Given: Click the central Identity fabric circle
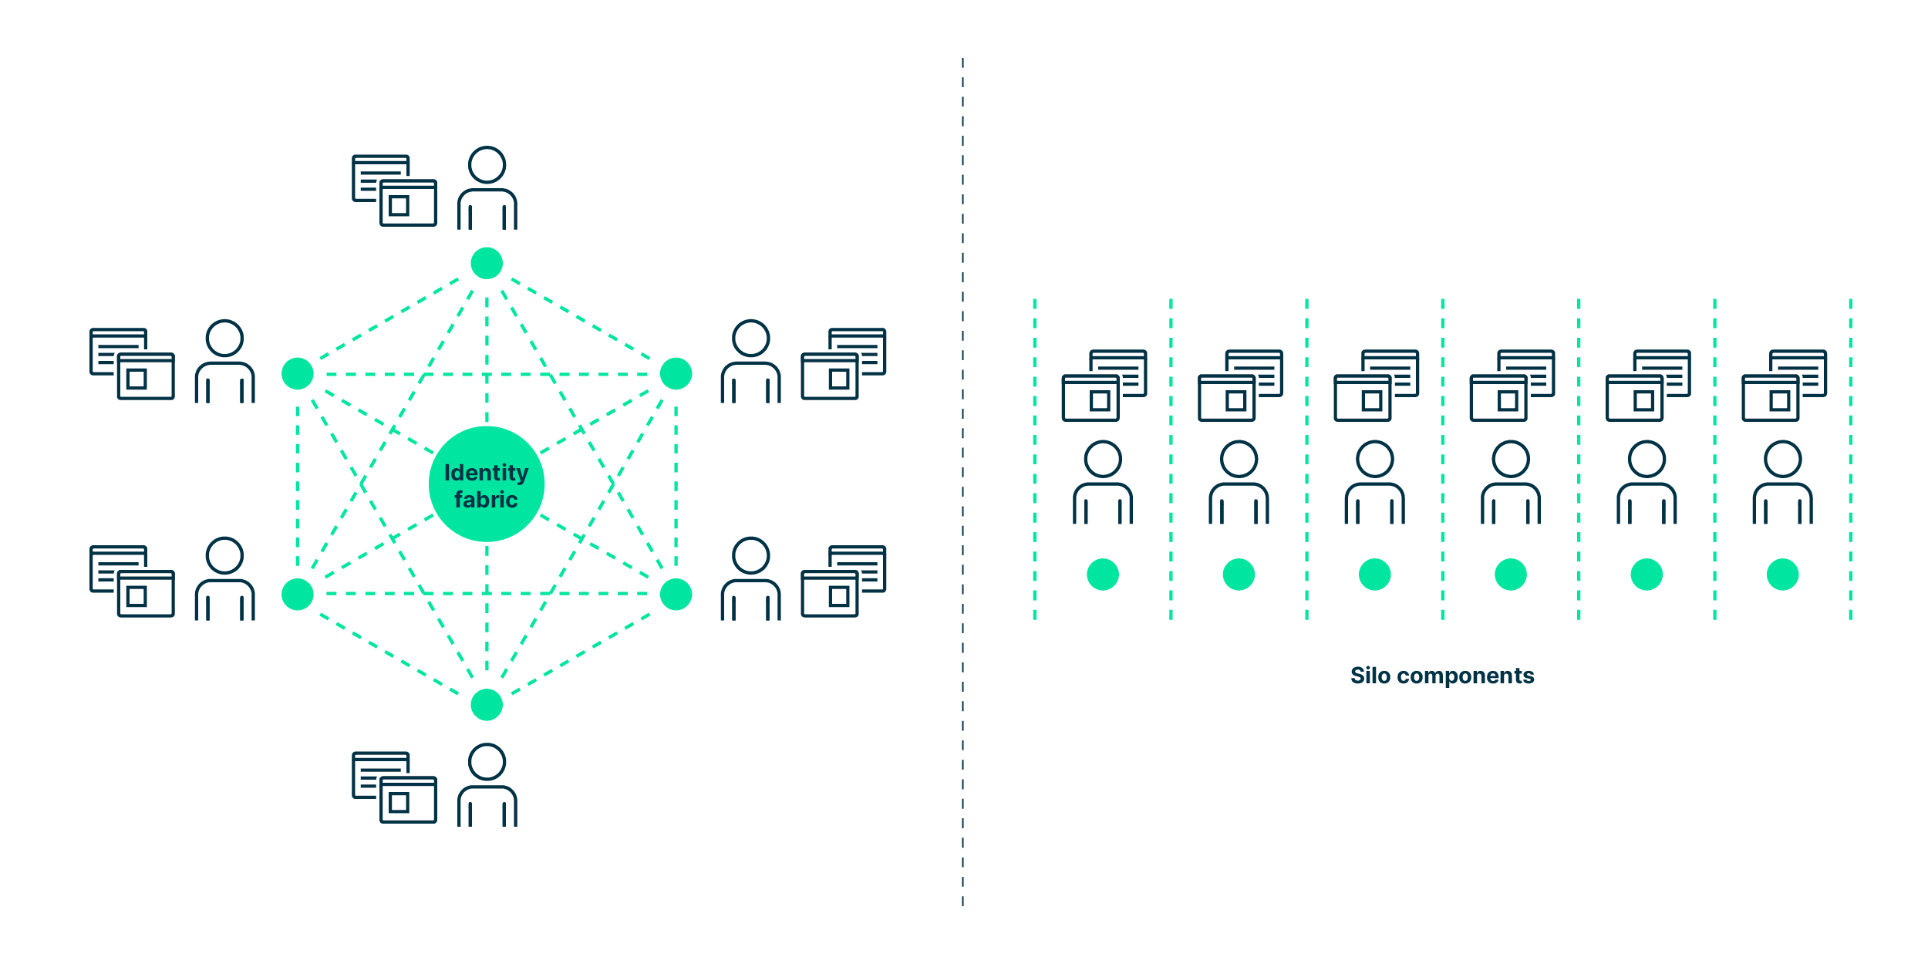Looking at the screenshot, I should [x=487, y=484].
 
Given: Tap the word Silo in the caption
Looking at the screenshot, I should [x=1370, y=676].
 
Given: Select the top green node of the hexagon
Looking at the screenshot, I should [x=487, y=264].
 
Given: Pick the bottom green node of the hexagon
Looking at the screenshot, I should [x=487, y=705].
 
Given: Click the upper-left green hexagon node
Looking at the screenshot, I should [x=298, y=374].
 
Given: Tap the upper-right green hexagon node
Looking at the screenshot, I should [x=676, y=374].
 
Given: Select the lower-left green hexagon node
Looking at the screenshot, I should [x=298, y=595].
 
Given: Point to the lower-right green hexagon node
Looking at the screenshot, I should [x=676, y=595].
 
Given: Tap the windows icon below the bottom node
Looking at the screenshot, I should [x=395, y=788].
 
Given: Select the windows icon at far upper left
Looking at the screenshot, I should [x=132, y=364].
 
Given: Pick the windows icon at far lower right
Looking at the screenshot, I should [x=844, y=581].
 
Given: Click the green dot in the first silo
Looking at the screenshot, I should [x=1103, y=575].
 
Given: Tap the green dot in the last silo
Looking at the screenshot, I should [x=1783, y=575].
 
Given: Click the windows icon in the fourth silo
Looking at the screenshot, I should [x=1512, y=386].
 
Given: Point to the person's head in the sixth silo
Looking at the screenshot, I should [x=1783, y=460].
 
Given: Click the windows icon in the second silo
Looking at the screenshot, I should [x=1240, y=386].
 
